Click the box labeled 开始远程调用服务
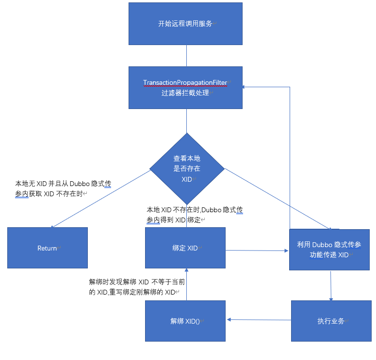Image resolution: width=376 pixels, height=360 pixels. [185, 24]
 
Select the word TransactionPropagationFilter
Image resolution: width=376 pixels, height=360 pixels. [185, 83]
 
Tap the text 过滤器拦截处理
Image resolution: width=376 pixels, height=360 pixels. [185, 93]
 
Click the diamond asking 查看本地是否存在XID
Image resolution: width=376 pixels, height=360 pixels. [187, 169]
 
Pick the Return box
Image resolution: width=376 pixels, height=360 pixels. [47, 248]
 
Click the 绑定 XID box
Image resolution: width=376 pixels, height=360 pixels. [185, 248]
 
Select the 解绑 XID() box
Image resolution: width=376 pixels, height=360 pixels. [185, 321]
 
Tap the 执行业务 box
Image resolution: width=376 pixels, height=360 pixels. [330, 321]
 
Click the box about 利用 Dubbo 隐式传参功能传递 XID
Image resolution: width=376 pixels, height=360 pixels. [329, 249]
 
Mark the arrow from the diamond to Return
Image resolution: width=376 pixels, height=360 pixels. [99, 199]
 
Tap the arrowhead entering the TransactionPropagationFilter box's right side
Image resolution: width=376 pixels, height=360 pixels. [245, 87]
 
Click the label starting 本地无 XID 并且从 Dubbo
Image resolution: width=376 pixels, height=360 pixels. [63, 188]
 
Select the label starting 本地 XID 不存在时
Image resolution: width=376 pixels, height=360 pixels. [195, 215]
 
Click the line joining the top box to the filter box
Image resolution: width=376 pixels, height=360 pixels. [186, 56]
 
